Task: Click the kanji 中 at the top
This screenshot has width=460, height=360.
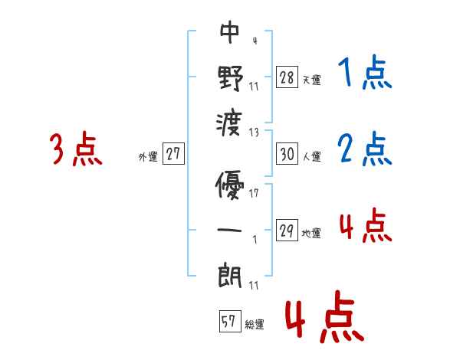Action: pyautogui.click(x=229, y=33)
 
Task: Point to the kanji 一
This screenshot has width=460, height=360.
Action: pyautogui.click(x=230, y=229)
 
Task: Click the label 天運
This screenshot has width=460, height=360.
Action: pyautogui.click(x=312, y=79)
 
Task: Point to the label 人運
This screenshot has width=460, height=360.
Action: pyautogui.click(x=312, y=156)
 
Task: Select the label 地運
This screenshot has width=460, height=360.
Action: pyautogui.click(x=312, y=233)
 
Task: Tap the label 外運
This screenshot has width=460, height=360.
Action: pyautogui.click(x=148, y=156)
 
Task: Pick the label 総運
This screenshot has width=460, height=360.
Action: pyautogui.click(x=255, y=324)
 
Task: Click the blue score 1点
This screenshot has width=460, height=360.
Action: pyautogui.click(x=364, y=74)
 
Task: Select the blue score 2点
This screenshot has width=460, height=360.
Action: pyautogui.click(x=364, y=149)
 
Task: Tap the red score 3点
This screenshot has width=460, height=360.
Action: pyautogui.click(x=75, y=149)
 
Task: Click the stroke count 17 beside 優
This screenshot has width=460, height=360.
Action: pyautogui.click(x=255, y=193)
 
